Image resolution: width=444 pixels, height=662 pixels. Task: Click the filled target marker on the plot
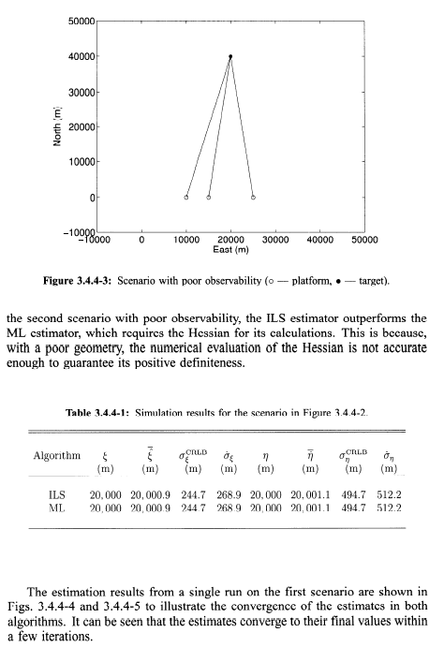pyautogui.click(x=230, y=56)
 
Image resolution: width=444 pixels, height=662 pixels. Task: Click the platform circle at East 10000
pyautogui.click(x=185, y=198)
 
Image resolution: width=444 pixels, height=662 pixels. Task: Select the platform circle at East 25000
pyautogui.click(x=253, y=198)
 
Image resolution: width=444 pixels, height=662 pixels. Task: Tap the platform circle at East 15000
pyautogui.click(x=208, y=198)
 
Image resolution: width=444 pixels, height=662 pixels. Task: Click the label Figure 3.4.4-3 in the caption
pyautogui.click(x=114, y=279)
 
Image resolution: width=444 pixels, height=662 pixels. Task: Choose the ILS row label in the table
pyautogui.click(x=55, y=494)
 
